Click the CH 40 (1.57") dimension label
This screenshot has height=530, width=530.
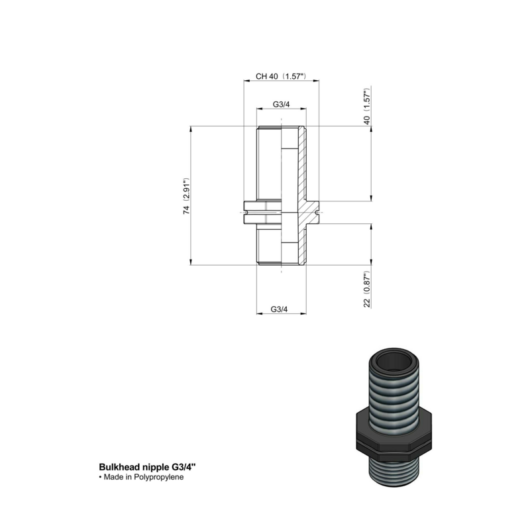(280, 77)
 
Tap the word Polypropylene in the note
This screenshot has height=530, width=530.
(160, 476)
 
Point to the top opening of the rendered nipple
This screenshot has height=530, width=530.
(395, 362)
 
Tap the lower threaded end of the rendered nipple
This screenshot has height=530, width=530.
(396, 480)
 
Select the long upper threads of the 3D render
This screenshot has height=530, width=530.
(395, 394)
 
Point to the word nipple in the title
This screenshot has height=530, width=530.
(156, 466)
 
